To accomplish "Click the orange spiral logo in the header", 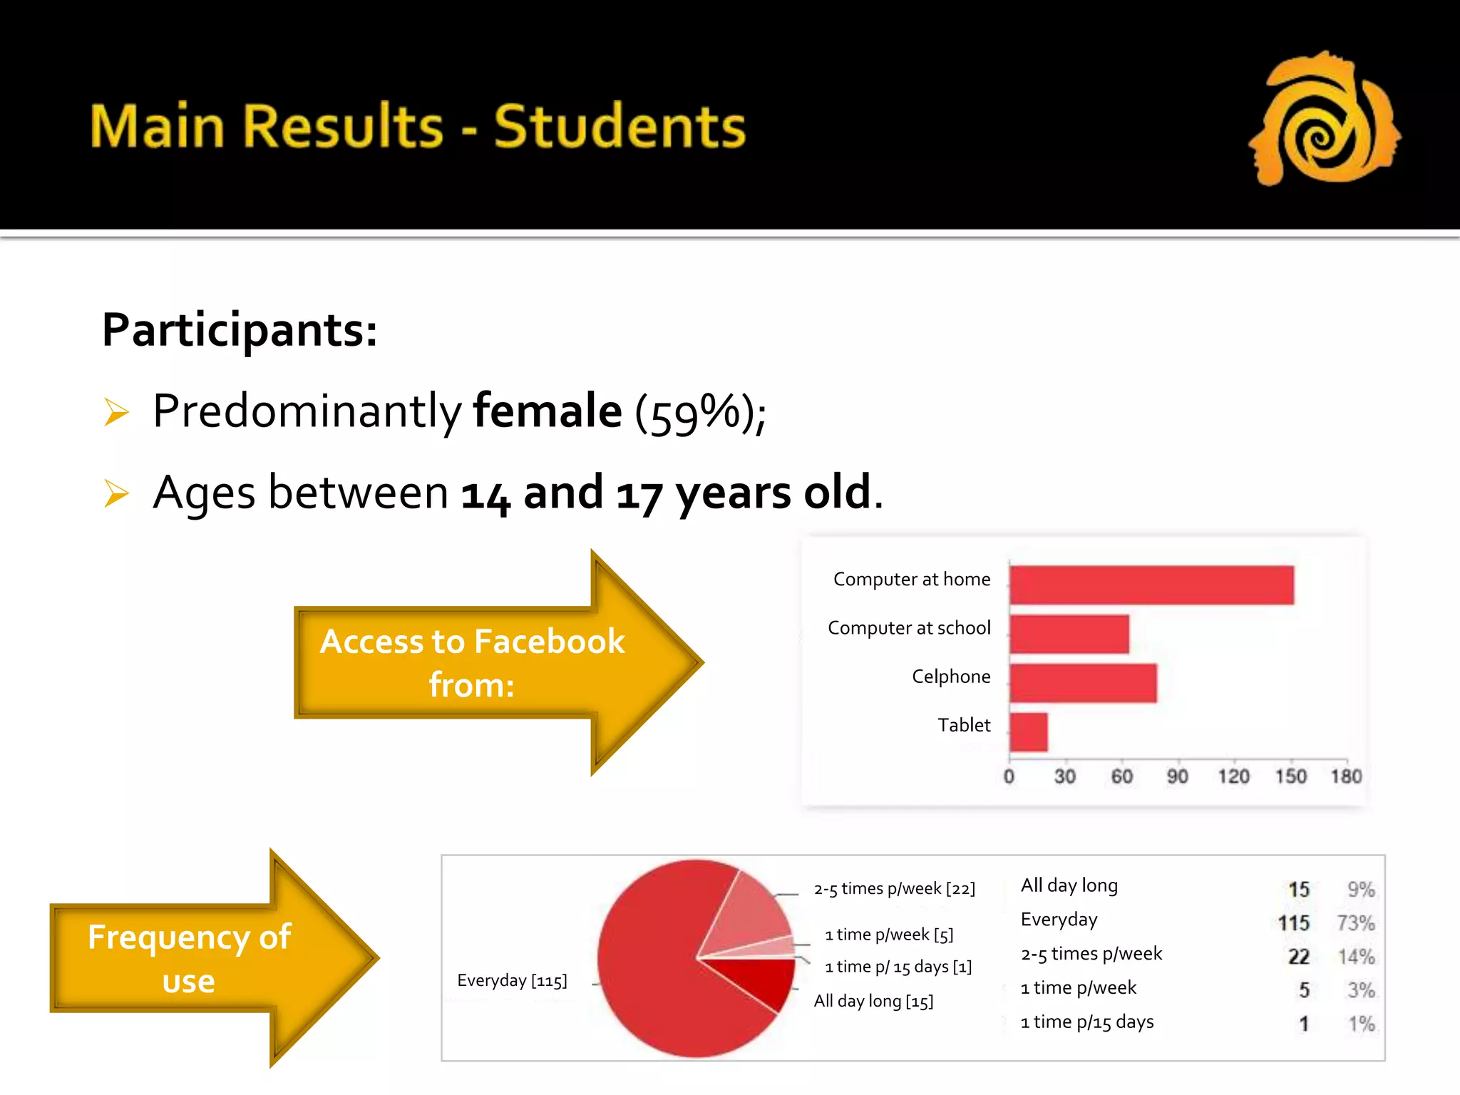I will pos(1325,120).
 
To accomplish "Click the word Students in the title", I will pos(619,127).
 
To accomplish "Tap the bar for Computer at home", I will pos(1151,585).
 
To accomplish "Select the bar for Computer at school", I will pos(1069,634).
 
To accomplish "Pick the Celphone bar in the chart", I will pos(1083,683).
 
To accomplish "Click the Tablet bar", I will pos(1029,732).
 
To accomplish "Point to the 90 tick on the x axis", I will pos(1177,776).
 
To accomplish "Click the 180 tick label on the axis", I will pos(1345,776).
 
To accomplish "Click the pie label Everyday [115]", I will pos(512,981).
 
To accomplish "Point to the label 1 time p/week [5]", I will pos(888,935).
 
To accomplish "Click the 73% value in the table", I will pos(1355,923).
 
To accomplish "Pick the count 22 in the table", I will pos(1298,957).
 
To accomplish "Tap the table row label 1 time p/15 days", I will pos(1086,1022).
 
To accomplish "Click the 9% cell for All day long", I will pos(1360,890).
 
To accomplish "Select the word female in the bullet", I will pos(547,411).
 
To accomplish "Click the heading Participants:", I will pos(240,330).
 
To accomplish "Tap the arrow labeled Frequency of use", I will pos(207,958).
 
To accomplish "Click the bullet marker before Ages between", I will pos(116,493).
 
